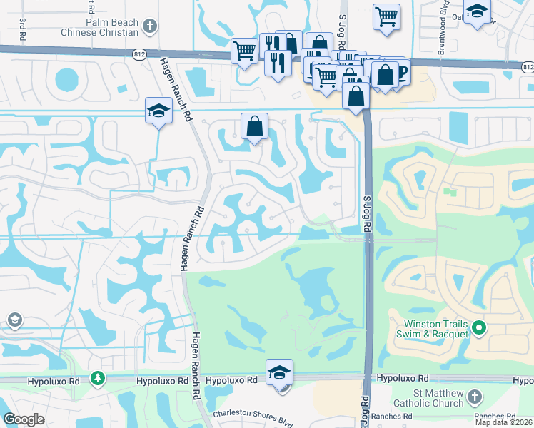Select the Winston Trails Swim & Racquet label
(433, 329)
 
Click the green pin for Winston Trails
(480, 329)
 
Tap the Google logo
(24, 419)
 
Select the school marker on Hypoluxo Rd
(279, 372)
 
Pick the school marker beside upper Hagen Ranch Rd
(158, 111)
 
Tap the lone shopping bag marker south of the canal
(254, 127)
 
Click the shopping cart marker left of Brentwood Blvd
(386, 16)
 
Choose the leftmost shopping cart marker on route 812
(244, 51)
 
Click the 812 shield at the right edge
(527, 66)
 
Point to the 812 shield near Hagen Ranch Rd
(139, 53)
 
